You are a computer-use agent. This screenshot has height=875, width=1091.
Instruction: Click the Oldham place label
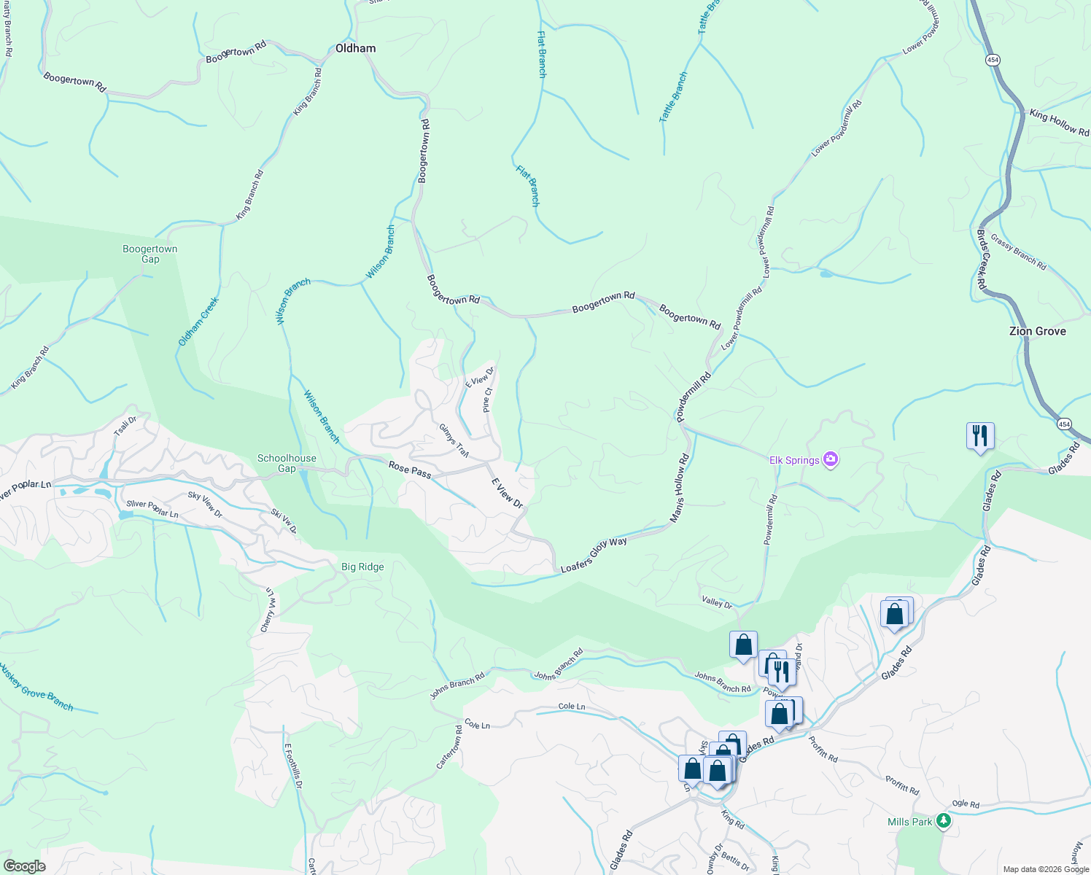pyautogui.click(x=355, y=48)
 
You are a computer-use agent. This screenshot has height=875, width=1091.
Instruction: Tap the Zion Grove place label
pyautogui.click(x=1037, y=331)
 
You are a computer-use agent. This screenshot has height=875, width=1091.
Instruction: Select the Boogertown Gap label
pyautogui.click(x=150, y=254)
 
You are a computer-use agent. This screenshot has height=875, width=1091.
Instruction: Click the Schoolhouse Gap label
pyautogui.click(x=287, y=463)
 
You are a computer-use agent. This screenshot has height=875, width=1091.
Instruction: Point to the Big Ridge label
pyautogui.click(x=362, y=567)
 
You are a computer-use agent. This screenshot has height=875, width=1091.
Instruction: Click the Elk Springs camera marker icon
pyautogui.click(x=830, y=459)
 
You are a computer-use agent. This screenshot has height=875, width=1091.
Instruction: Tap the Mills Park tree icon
pyautogui.click(x=944, y=821)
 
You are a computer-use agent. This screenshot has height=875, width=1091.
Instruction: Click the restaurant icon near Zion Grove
pyautogui.click(x=980, y=436)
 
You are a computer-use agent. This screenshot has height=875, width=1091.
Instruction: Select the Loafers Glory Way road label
pyautogui.click(x=594, y=554)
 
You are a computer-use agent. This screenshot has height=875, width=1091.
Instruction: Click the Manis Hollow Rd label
pyautogui.click(x=680, y=489)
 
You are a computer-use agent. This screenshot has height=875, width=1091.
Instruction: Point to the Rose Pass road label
pyautogui.click(x=409, y=470)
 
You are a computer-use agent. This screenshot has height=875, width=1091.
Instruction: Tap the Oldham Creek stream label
pyautogui.click(x=198, y=322)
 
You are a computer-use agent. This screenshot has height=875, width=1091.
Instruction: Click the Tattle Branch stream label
pyautogui.click(x=673, y=97)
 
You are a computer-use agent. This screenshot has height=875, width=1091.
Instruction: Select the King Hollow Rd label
pyautogui.click(x=1059, y=122)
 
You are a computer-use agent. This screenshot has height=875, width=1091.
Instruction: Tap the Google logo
pyautogui.click(x=24, y=866)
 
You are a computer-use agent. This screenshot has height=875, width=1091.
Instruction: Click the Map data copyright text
pyautogui.click(x=1046, y=869)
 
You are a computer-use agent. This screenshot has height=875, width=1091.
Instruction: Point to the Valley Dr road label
pyautogui.click(x=717, y=602)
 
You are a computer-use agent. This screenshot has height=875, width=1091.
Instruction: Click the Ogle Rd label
pyautogui.click(x=965, y=804)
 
